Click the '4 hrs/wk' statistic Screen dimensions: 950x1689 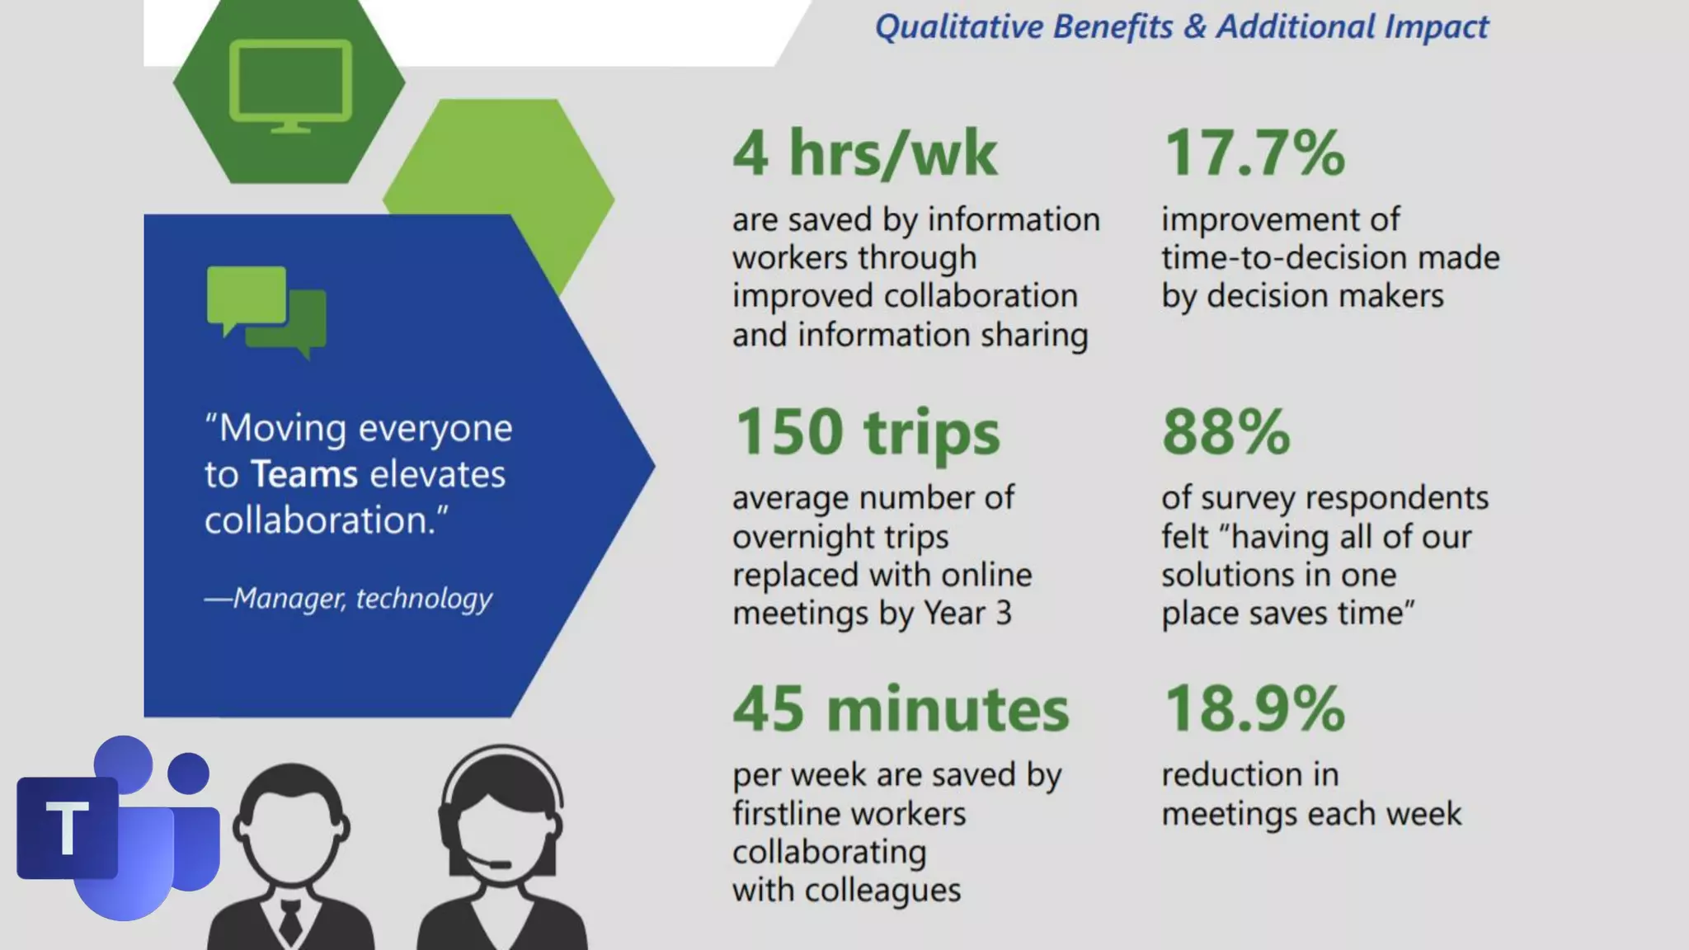click(x=864, y=153)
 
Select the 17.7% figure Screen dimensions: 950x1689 click(x=1254, y=153)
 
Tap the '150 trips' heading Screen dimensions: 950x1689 click(x=867, y=432)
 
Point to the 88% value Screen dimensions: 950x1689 click(x=1226, y=432)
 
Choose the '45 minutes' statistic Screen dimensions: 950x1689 click(x=901, y=709)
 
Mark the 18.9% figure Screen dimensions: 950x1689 click(x=1254, y=709)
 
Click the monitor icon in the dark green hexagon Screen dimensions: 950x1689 click(x=290, y=85)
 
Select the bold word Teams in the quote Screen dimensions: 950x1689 click(x=304, y=475)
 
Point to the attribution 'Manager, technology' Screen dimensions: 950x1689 click(x=361, y=598)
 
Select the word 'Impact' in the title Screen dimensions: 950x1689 click(x=1436, y=27)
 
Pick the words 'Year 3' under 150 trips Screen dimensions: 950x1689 click(x=967, y=614)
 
